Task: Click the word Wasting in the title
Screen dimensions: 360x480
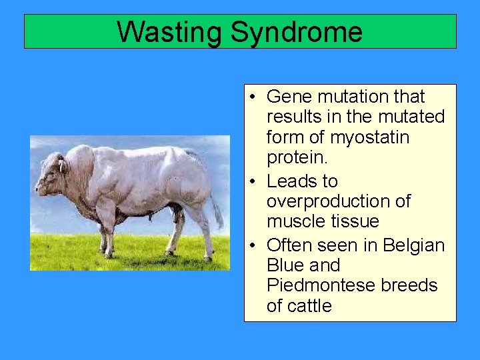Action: pyautogui.click(x=169, y=32)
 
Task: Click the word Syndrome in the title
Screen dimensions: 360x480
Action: pyautogui.click(x=297, y=32)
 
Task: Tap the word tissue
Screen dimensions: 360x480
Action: pyautogui.click(x=355, y=221)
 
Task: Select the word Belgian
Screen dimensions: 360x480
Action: pyautogui.click(x=413, y=245)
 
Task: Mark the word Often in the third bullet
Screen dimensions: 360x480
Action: pyautogui.click(x=290, y=245)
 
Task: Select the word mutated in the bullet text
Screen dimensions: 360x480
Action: pyautogui.click(x=411, y=117)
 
